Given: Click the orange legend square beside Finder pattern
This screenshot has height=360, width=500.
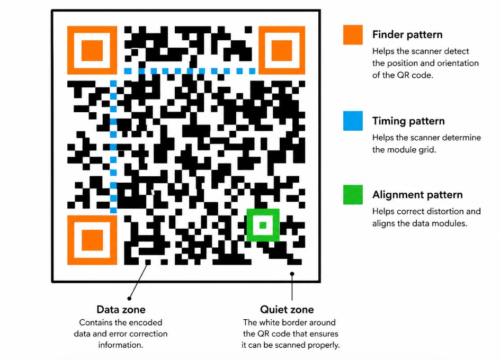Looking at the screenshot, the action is pyautogui.click(x=353, y=34).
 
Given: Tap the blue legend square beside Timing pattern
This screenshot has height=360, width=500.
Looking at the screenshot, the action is pyautogui.click(x=353, y=121).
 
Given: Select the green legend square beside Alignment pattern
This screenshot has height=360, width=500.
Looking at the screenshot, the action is pyautogui.click(x=353, y=194).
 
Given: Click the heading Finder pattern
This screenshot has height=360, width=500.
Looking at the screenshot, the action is pyautogui.click(x=407, y=34).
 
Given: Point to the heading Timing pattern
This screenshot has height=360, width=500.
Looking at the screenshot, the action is pyautogui.click(x=408, y=121).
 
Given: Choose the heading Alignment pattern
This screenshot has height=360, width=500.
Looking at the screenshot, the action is pyautogui.click(x=417, y=194).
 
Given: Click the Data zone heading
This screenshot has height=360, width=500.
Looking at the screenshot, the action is pyautogui.click(x=121, y=309).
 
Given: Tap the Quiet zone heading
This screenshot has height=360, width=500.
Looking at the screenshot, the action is pyautogui.click(x=287, y=309).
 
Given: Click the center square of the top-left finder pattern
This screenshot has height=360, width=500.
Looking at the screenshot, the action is pyautogui.click(x=92, y=50).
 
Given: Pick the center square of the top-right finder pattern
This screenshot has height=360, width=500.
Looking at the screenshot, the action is pyautogui.click(x=282, y=50).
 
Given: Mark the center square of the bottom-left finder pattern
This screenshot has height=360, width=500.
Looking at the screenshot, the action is pyautogui.click(x=92, y=240).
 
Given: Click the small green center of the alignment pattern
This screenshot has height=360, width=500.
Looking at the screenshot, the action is pyautogui.click(x=263, y=225).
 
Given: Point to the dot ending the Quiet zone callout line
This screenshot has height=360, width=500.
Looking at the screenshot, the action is pyautogui.click(x=292, y=274).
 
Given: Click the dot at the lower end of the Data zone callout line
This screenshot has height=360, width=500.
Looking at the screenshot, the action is pyautogui.click(x=129, y=299).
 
